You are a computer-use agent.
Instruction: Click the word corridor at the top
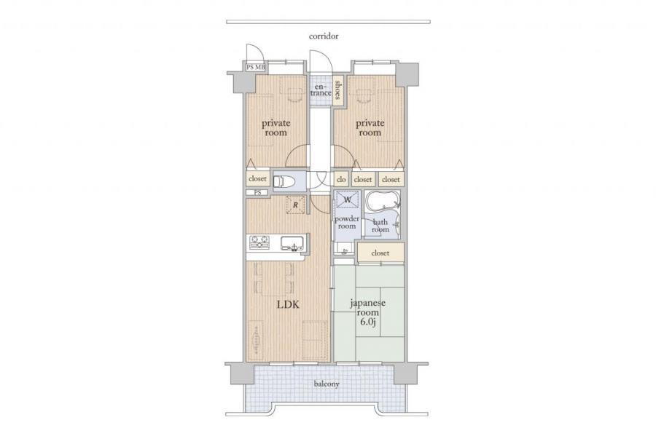tap(324, 36)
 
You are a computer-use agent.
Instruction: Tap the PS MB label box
tap(256, 67)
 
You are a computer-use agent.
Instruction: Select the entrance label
tap(321, 90)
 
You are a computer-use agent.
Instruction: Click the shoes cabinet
tap(337, 90)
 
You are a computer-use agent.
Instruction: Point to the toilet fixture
tap(284, 182)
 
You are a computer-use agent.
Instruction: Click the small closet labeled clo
tap(341, 179)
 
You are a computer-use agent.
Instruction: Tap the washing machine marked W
tap(348, 199)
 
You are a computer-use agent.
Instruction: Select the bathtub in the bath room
tap(383, 202)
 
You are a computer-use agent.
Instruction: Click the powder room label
tap(347, 222)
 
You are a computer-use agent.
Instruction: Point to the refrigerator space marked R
tap(295, 205)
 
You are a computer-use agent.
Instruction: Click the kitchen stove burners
tap(259, 242)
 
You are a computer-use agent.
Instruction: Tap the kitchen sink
tap(292, 243)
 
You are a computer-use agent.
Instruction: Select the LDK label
tap(288, 304)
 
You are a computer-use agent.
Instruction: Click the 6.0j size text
tap(368, 322)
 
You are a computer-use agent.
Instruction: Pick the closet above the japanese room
tap(380, 253)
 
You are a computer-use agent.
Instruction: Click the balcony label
tap(327, 384)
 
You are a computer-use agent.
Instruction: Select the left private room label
tap(276, 128)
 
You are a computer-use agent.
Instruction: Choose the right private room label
tap(370, 128)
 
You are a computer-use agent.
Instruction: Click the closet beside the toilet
tap(257, 179)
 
